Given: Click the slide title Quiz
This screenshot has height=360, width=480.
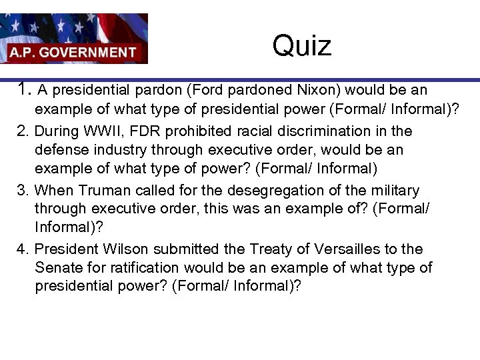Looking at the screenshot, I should point(301,46).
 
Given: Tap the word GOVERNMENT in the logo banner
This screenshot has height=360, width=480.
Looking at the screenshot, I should point(96,52).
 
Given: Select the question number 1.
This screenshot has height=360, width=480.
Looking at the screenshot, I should point(25,89).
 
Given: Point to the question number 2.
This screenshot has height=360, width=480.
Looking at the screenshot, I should point(23,131).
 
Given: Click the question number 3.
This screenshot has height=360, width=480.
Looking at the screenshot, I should point(23,191).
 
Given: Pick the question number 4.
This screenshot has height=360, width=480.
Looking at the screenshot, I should point(23,249).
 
